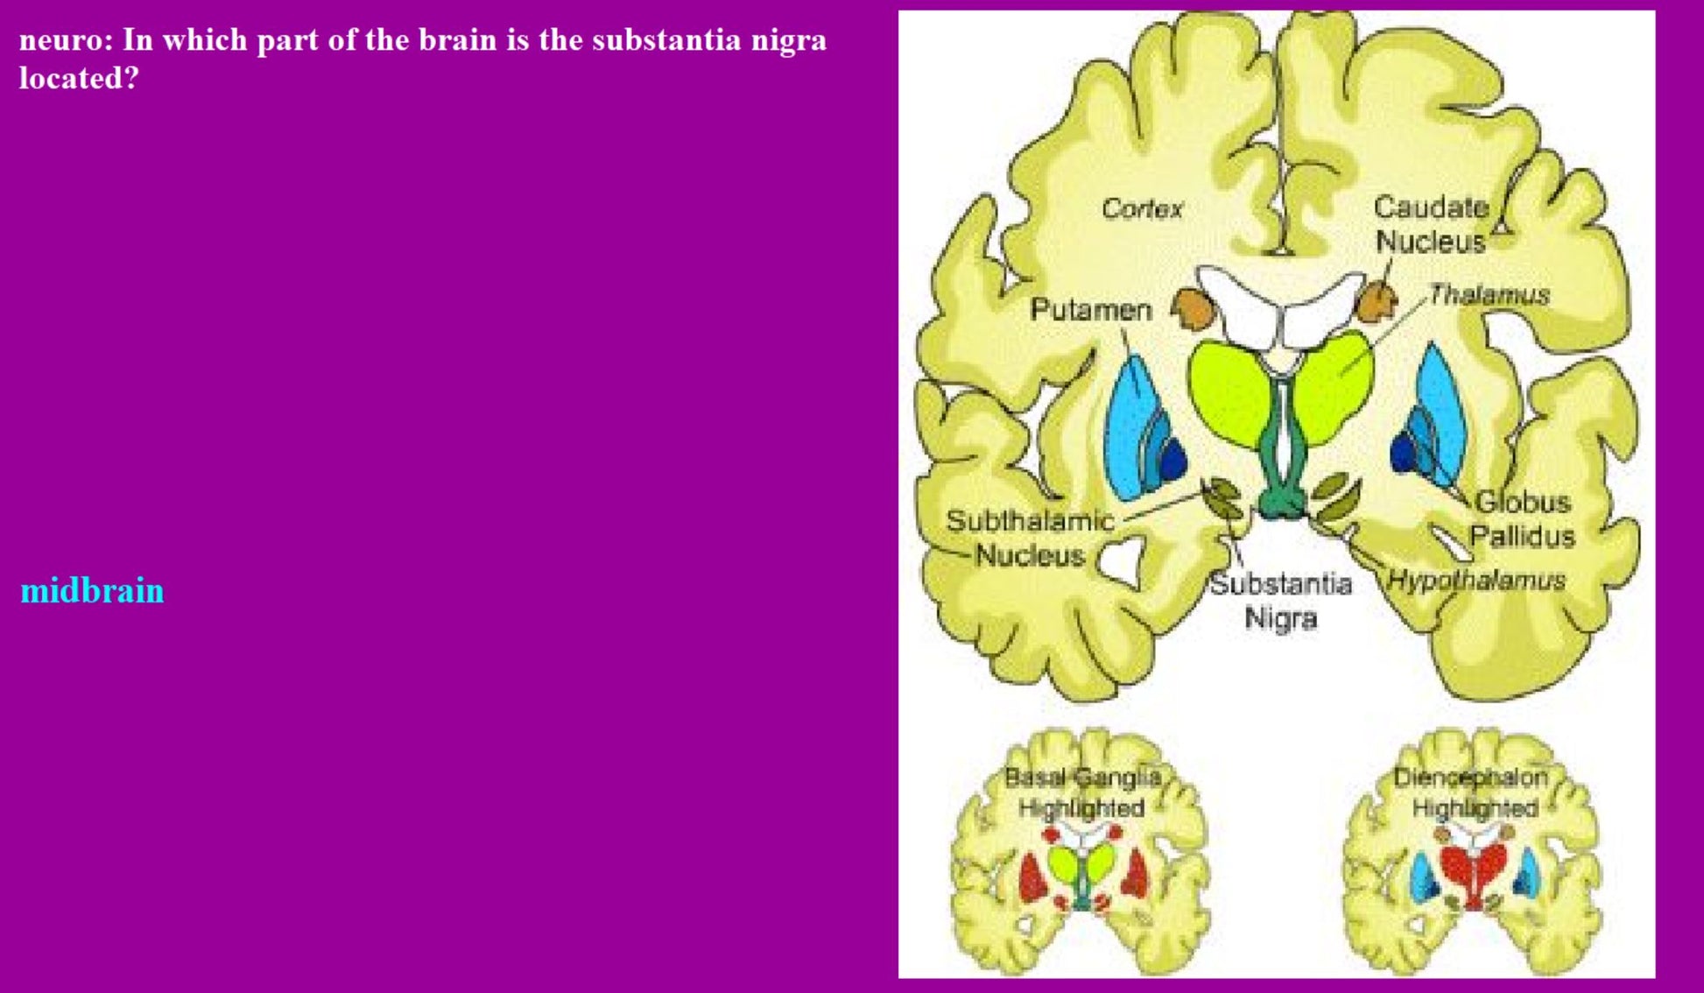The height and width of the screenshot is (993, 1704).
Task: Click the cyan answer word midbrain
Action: [92, 591]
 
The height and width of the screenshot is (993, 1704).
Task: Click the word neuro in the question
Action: [65, 40]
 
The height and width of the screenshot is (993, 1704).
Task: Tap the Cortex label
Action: [1142, 208]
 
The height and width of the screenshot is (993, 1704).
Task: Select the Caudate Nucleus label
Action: [1431, 224]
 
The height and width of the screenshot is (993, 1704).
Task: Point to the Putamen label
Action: [1090, 309]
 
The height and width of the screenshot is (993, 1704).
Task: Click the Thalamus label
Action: [1489, 295]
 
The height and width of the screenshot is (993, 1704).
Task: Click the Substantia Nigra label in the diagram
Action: [1280, 601]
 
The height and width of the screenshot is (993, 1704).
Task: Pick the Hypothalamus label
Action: [1476, 580]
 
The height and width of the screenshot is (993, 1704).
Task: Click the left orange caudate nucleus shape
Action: [1191, 306]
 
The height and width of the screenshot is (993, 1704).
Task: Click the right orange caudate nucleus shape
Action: [1376, 300]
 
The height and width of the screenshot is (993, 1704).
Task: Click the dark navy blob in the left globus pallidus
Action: [1172, 459]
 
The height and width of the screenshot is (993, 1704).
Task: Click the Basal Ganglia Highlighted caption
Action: [1082, 792]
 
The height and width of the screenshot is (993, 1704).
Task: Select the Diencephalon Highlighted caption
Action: [1473, 792]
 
